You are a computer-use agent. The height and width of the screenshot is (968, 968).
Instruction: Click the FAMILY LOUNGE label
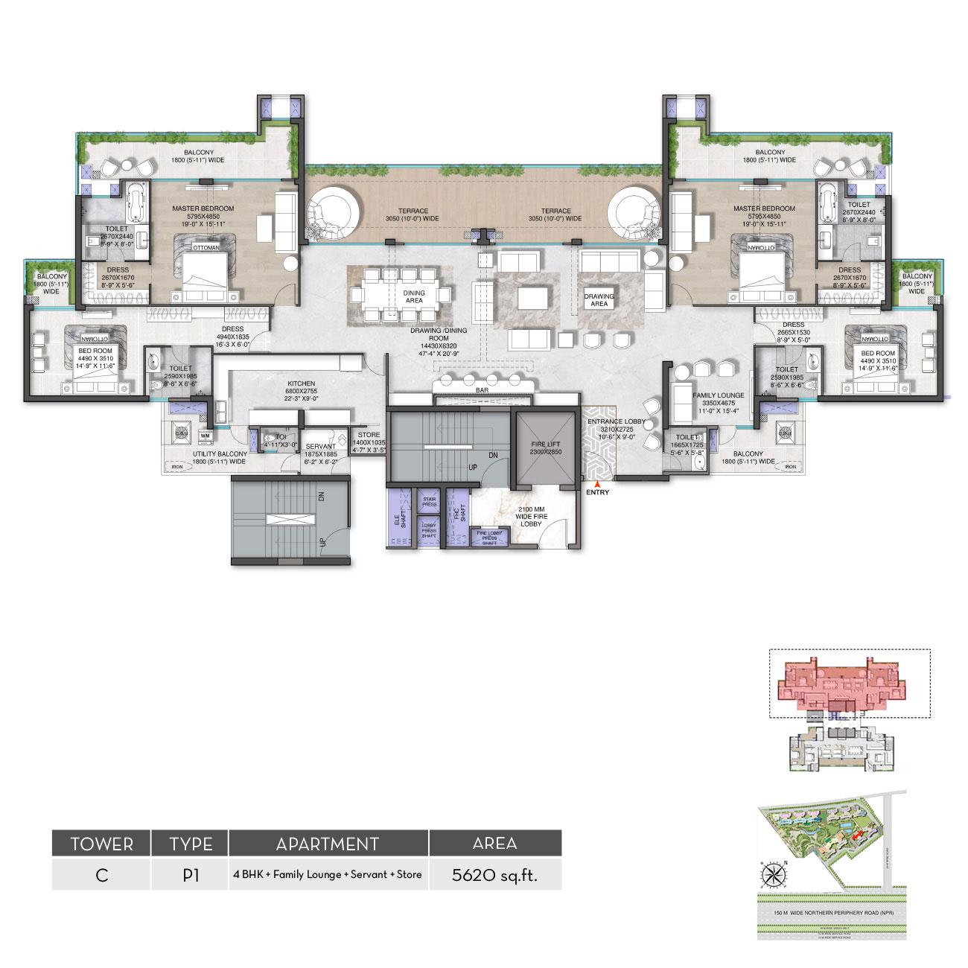coord(714,395)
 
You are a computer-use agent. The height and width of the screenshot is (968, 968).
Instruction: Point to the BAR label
coord(480,389)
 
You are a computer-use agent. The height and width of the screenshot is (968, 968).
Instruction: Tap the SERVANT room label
coord(321,446)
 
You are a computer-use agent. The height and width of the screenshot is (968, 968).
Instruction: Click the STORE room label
coord(369,435)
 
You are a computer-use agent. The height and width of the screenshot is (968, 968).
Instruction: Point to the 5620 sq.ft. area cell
coord(494,875)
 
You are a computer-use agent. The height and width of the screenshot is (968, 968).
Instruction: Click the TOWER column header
coord(101,844)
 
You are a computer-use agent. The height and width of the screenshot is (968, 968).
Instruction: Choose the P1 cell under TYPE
coord(190,875)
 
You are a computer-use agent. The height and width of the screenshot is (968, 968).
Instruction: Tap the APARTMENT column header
coord(328,844)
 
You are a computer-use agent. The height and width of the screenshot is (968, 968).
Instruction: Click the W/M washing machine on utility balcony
coord(206,435)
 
